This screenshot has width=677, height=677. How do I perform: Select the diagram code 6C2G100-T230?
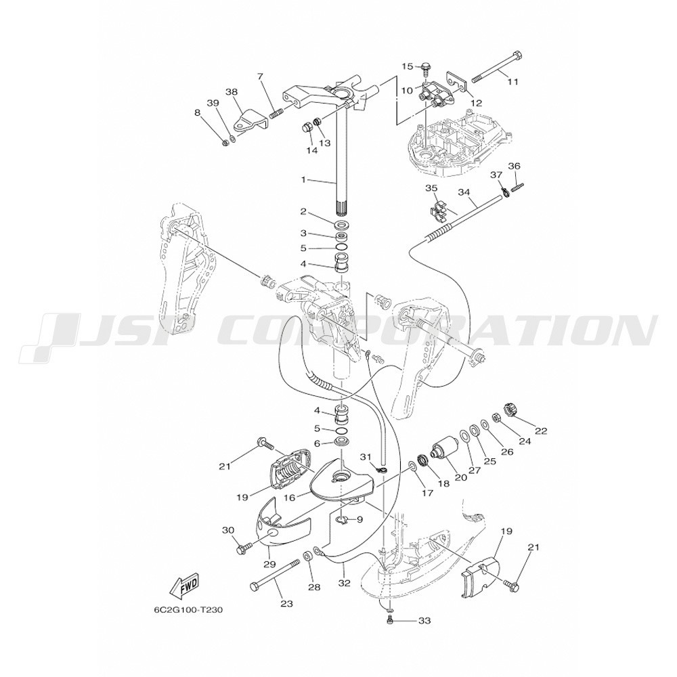point(189,611)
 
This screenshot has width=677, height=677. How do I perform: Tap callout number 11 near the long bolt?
point(512,81)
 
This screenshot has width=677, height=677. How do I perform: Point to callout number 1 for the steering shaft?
point(303,179)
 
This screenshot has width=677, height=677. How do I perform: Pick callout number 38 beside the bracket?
point(232,91)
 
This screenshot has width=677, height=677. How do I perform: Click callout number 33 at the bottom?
point(424,621)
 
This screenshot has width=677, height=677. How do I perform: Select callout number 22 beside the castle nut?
point(541,431)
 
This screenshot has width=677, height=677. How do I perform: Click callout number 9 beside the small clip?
point(359,519)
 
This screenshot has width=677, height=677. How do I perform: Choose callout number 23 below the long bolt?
point(286,604)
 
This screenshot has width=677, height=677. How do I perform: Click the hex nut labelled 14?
point(307,127)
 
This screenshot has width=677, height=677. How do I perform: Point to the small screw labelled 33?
point(389,621)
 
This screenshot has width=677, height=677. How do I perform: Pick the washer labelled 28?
point(308,554)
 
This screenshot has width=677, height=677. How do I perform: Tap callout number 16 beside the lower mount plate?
point(289,498)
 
